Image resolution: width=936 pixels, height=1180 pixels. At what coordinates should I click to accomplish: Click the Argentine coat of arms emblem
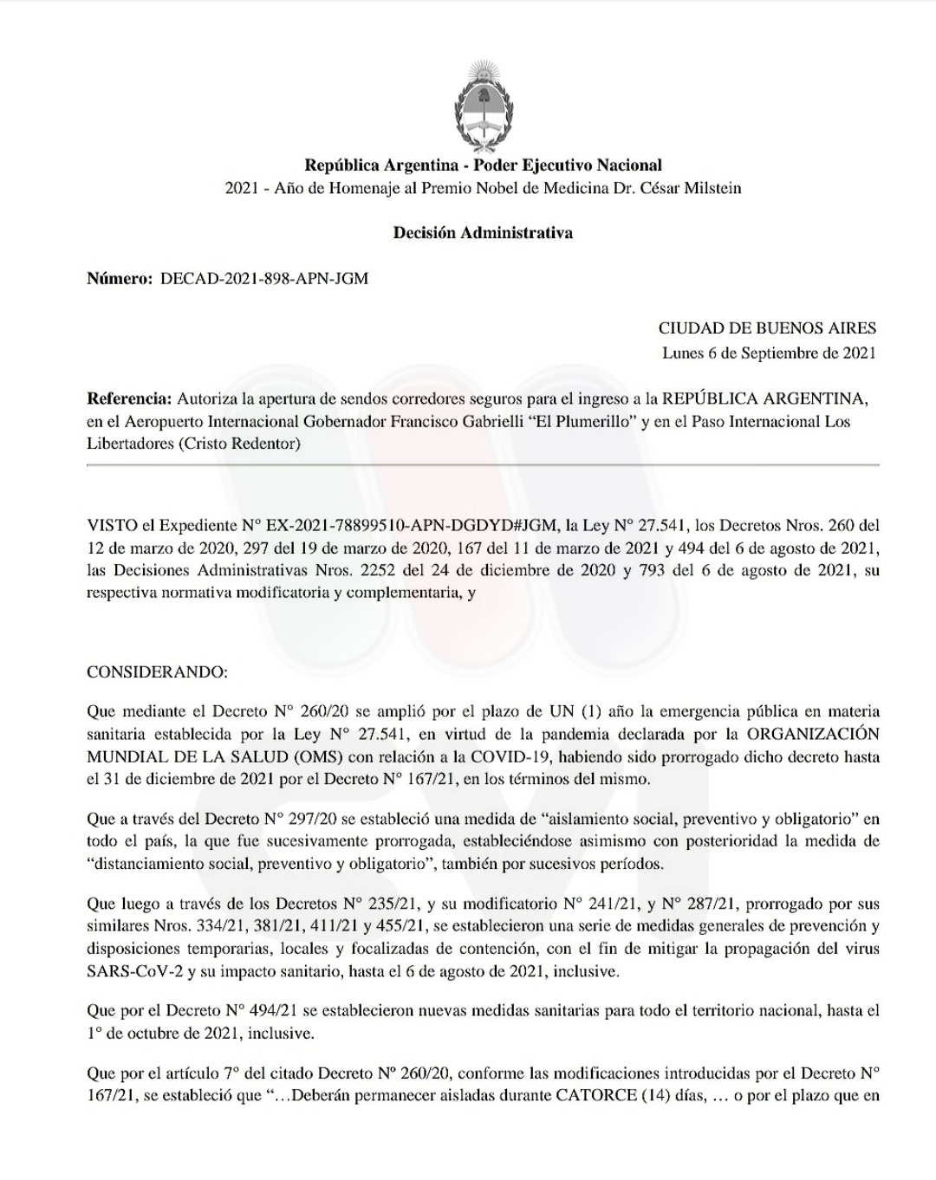click(483, 105)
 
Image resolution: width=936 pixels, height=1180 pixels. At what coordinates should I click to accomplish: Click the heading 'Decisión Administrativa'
click(483, 233)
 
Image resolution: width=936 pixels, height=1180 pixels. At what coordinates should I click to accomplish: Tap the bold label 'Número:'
click(120, 279)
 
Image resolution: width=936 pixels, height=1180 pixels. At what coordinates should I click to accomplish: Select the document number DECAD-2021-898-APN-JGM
click(264, 279)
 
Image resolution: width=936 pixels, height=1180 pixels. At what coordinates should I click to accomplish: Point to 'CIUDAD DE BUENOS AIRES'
click(767, 328)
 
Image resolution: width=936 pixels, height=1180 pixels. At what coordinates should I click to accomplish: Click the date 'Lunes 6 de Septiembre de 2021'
click(769, 353)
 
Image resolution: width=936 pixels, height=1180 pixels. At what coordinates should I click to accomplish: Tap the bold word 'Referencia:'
click(129, 399)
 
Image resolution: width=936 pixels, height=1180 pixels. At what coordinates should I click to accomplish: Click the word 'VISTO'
click(111, 525)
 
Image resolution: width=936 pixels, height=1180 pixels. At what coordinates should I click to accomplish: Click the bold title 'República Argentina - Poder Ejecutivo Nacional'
click(483, 165)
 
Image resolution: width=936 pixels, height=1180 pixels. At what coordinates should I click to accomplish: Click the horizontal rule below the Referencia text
click(483, 466)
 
